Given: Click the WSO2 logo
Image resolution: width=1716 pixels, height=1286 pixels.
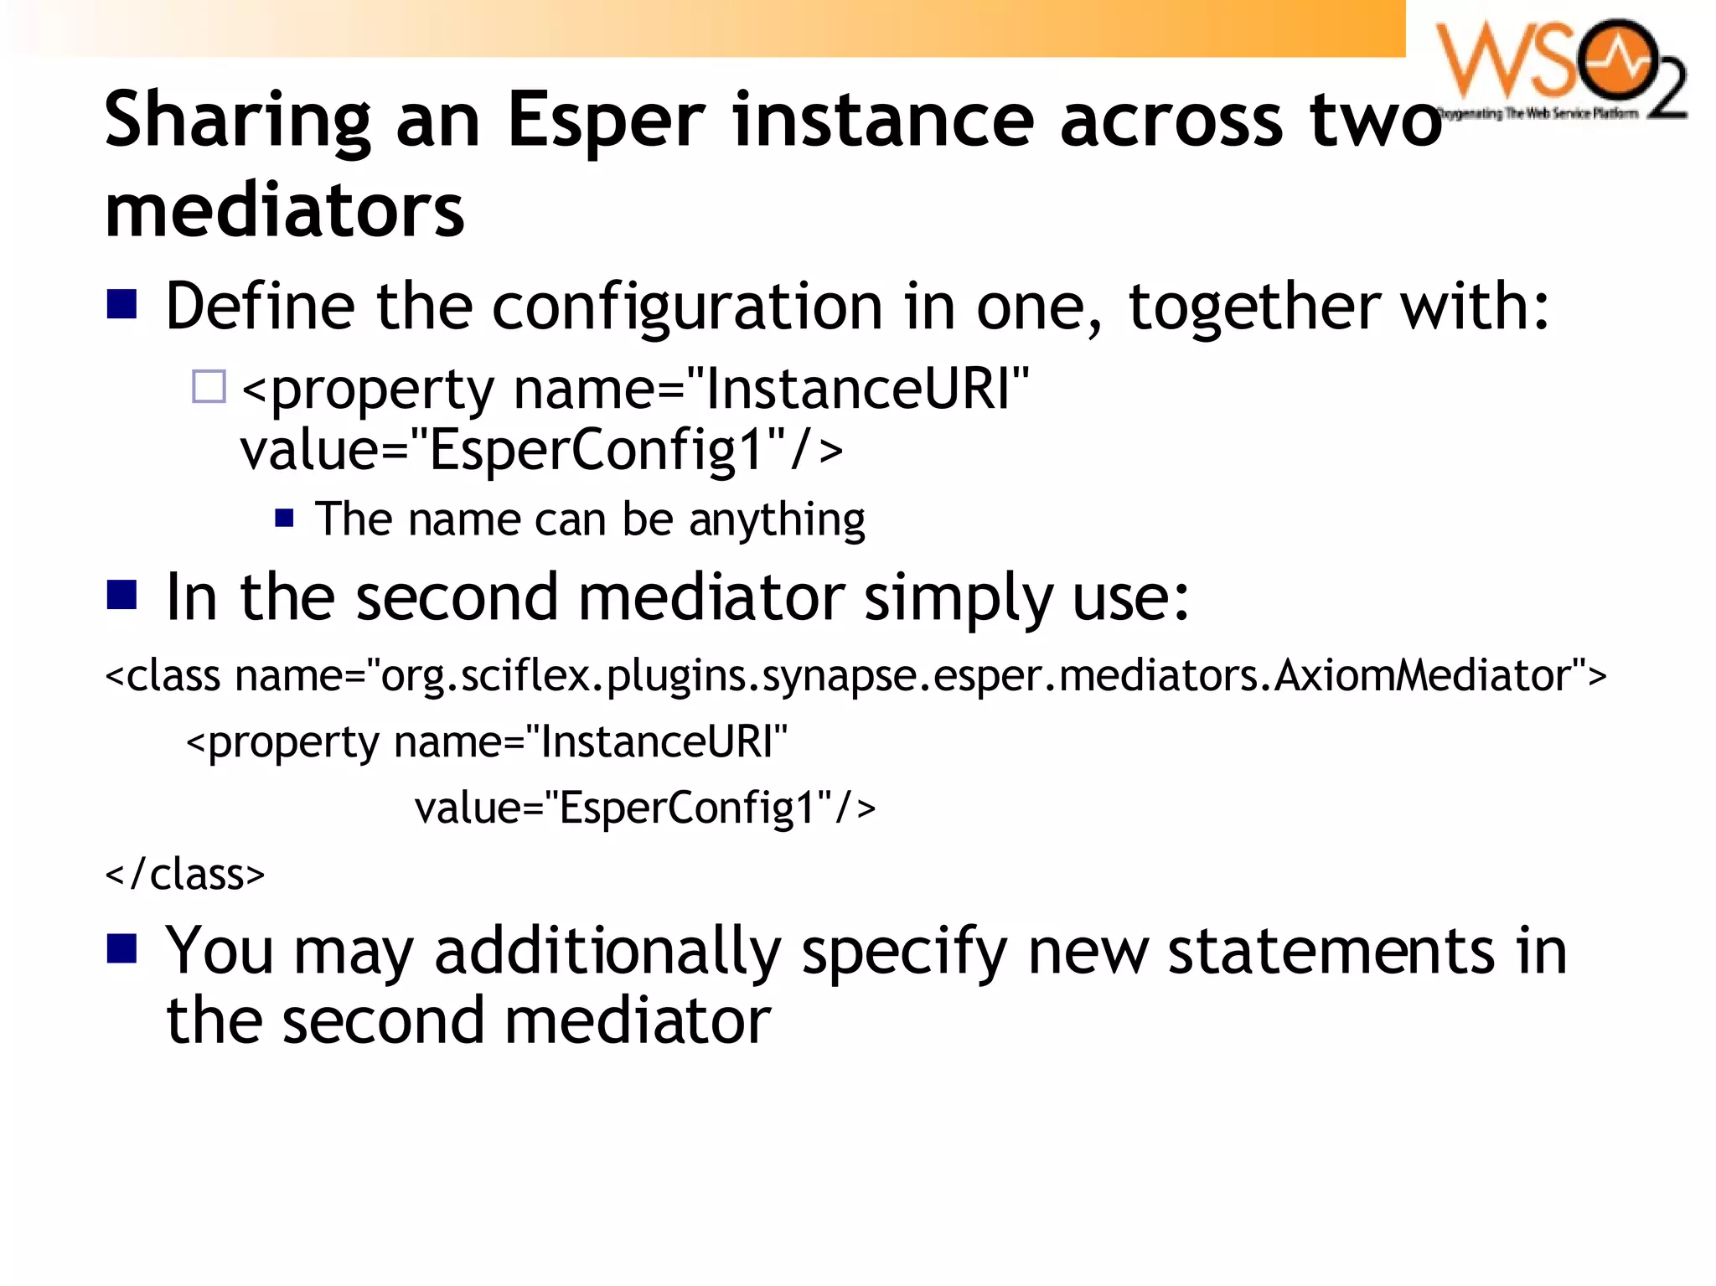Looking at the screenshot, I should [1560, 70].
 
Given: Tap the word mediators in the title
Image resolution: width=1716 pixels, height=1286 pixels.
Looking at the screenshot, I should [284, 210].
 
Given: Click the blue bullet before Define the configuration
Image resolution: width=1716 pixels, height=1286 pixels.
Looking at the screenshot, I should [122, 305].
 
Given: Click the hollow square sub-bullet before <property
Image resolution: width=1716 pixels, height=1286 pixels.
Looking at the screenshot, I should [209, 387].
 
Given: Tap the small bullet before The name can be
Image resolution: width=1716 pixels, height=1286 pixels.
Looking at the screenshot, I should [285, 518].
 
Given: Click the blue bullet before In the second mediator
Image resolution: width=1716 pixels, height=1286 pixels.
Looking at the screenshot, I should [122, 595].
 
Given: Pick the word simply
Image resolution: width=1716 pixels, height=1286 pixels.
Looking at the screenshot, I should [958, 599].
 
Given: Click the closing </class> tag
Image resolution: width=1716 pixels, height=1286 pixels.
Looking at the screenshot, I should [185, 875].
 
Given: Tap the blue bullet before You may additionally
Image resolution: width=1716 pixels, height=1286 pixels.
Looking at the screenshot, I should [122, 949].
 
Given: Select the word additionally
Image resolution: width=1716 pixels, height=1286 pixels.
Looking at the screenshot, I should [607, 953].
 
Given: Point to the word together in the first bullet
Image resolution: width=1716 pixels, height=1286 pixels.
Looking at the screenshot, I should [1254, 307].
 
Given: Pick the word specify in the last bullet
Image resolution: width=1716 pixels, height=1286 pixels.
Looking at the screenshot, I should [904, 953].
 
